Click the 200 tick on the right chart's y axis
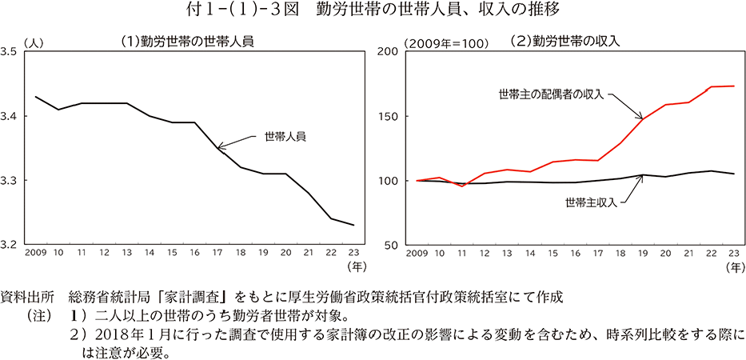point(388,52)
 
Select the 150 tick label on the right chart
point(388,117)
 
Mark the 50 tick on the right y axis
point(391,245)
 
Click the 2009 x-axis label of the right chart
point(417,254)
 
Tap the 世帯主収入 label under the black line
point(591,202)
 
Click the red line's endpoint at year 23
point(734,86)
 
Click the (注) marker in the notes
point(41,314)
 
